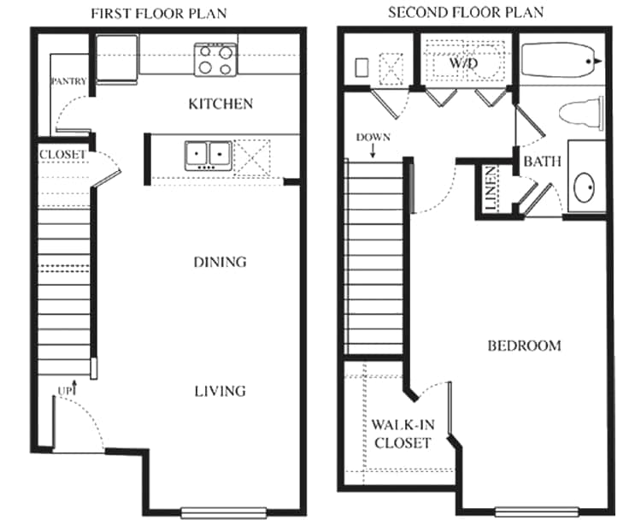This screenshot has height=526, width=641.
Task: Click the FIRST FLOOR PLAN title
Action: [x=159, y=14]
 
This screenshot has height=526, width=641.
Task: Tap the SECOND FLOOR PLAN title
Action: [x=466, y=13]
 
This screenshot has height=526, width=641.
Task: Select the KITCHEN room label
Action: [x=221, y=103]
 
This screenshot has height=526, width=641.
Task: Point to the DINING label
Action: [x=220, y=262]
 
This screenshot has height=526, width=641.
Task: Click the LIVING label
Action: [x=220, y=392]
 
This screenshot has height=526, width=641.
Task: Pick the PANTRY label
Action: [x=68, y=81]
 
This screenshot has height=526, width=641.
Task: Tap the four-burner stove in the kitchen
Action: [x=215, y=59]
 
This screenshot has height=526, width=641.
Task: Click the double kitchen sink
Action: [x=208, y=156]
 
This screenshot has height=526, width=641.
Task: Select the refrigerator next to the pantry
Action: [x=117, y=59]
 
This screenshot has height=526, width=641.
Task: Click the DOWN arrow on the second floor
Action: [x=373, y=151]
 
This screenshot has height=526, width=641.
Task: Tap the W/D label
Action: [x=463, y=63]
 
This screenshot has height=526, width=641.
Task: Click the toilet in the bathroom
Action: [x=581, y=113]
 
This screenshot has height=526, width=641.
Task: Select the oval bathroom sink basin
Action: [x=585, y=188]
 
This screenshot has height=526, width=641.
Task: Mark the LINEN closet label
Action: [x=491, y=188]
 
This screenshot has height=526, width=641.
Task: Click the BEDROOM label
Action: [x=524, y=346]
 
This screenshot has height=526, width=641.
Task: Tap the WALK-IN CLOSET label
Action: [x=403, y=434]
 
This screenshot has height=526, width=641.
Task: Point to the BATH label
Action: [x=542, y=162]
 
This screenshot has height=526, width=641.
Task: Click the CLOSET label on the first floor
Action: [x=62, y=155]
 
